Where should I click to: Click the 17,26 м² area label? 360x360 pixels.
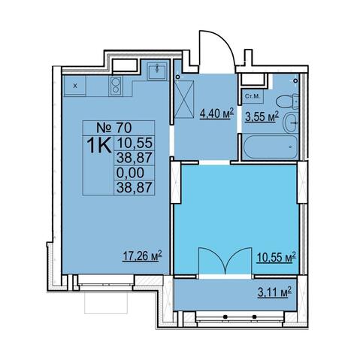click(x=142, y=256)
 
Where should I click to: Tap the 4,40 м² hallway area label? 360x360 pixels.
click(x=216, y=113)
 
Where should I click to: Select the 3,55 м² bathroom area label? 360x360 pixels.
click(x=262, y=116)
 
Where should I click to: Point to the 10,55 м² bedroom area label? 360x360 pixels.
click(x=276, y=257)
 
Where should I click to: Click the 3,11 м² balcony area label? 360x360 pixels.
click(x=274, y=292)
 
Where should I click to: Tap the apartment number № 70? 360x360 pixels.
click(x=114, y=128)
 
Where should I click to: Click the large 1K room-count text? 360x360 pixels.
click(x=99, y=146)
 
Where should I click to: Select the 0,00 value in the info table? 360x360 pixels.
click(x=130, y=173)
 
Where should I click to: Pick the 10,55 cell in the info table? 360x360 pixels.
click(x=135, y=143)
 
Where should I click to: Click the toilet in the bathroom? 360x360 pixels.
click(x=287, y=101)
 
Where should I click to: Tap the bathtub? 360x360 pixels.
click(x=270, y=147)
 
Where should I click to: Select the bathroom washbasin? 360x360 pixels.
click(x=291, y=123)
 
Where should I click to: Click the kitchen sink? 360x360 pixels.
click(x=157, y=71)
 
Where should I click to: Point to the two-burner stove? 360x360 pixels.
click(x=116, y=86)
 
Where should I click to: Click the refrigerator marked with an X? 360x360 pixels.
click(x=75, y=86)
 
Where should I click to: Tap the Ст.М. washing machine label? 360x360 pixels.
click(x=253, y=96)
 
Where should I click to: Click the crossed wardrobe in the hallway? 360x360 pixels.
click(x=184, y=99)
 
